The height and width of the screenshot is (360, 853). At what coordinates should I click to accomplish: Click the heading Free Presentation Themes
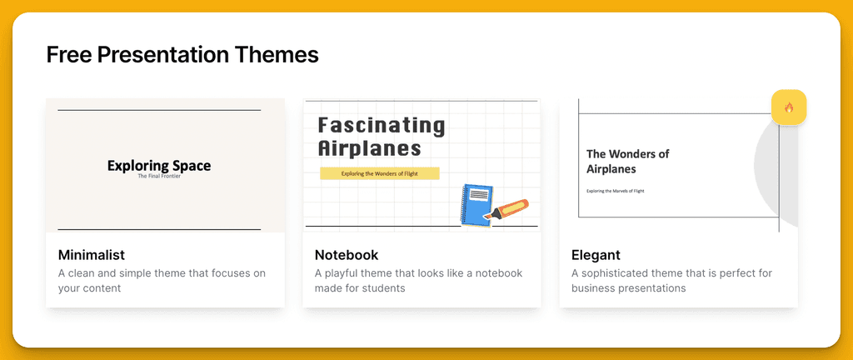point(182,56)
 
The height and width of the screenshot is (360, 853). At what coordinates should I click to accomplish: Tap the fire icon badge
point(789,107)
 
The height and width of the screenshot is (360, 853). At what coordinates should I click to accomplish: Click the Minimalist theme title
point(92,255)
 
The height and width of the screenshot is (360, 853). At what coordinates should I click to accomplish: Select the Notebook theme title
point(347,255)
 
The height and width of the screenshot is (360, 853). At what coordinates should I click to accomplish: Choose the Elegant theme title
point(596,255)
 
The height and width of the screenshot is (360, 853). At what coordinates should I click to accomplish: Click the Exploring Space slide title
point(159,166)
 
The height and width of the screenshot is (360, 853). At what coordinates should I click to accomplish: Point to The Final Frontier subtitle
point(159,176)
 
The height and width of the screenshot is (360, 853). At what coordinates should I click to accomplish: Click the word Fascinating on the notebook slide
point(382,126)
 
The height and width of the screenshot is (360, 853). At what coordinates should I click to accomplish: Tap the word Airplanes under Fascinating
point(369,147)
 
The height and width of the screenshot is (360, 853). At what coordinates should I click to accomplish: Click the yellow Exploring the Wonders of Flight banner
point(380,174)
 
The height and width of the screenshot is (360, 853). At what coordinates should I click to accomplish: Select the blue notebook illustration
point(477,204)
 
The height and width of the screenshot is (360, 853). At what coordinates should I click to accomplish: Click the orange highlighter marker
point(506,210)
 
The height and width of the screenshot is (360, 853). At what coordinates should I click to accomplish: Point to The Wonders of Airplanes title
point(628,162)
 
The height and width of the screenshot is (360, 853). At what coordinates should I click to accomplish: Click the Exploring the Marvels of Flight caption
point(616,191)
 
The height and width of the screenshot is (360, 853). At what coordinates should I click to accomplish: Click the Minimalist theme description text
point(162,281)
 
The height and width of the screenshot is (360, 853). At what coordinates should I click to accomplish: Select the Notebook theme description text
point(418,281)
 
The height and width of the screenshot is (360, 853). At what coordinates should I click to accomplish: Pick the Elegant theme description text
point(672,281)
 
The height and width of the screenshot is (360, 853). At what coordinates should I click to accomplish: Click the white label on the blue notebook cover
point(479,194)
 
